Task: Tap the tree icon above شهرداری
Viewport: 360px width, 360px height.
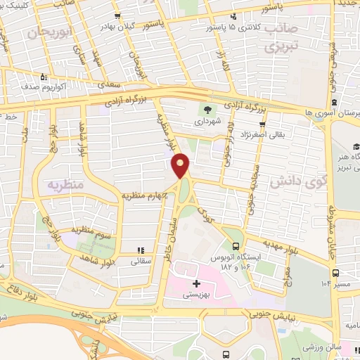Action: (207, 108)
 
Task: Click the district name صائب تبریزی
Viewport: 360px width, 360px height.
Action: (281, 39)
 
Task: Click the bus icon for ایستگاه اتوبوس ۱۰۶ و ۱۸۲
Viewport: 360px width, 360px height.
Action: (236, 246)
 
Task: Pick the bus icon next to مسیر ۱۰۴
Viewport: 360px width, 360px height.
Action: (336, 273)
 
